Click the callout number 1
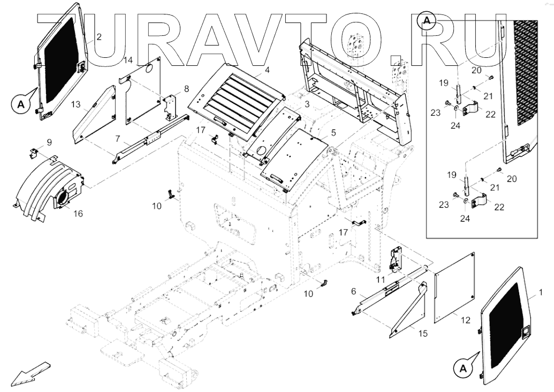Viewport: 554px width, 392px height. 540,293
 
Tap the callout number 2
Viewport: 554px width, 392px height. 99,36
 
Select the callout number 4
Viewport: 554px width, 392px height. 267,70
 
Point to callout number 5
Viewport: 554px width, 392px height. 333,132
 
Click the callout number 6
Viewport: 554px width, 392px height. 354,291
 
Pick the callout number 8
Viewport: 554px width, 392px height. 186,88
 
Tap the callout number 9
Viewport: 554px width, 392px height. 49,142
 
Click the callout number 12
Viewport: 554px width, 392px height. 466,320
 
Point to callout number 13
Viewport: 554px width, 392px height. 76,104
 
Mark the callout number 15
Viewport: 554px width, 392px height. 423,334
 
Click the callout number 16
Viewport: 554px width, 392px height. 78,214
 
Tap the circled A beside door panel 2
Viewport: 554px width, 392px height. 21,104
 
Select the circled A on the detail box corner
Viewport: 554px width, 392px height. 427,20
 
